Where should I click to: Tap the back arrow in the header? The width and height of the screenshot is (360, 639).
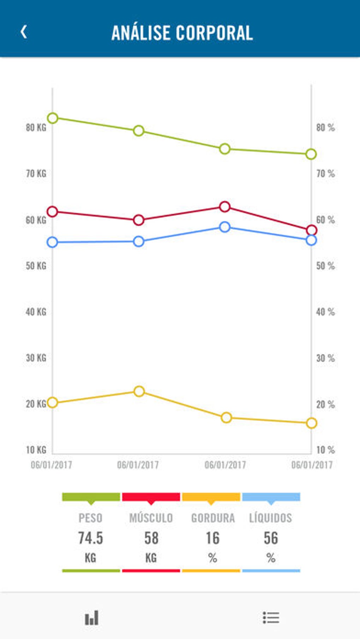coord(24,32)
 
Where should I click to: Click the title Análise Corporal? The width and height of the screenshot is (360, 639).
coord(182,33)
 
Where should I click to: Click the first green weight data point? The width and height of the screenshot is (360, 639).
coord(53,118)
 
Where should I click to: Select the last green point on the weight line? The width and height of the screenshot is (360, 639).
coord(311,154)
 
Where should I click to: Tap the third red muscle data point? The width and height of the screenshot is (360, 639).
coord(225,207)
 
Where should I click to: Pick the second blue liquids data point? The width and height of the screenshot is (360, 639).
coord(139,242)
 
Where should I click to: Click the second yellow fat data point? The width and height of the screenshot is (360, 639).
coord(139,391)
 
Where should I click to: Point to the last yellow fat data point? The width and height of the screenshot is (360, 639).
coord(311,423)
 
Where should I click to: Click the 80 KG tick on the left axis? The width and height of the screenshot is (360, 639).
coord(36,127)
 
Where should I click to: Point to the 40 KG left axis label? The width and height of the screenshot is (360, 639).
coord(36,312)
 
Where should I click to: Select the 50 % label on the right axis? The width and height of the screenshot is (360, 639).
coord(325,266)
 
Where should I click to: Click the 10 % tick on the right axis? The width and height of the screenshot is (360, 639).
coord(325,450)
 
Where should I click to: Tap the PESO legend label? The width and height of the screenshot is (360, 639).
coord(91,518)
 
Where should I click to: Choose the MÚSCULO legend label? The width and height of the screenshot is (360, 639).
coord(151,518)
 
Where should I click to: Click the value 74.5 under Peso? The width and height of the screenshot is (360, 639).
coord(91,538)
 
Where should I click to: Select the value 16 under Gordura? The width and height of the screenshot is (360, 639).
coord(212,538)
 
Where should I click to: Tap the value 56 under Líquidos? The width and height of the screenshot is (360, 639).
coord(271,538)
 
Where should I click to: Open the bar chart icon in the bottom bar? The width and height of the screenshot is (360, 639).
coord(92,618)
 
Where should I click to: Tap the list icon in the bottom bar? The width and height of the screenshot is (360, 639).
coord(271,617)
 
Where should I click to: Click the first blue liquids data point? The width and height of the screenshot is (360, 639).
coord(53,242)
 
